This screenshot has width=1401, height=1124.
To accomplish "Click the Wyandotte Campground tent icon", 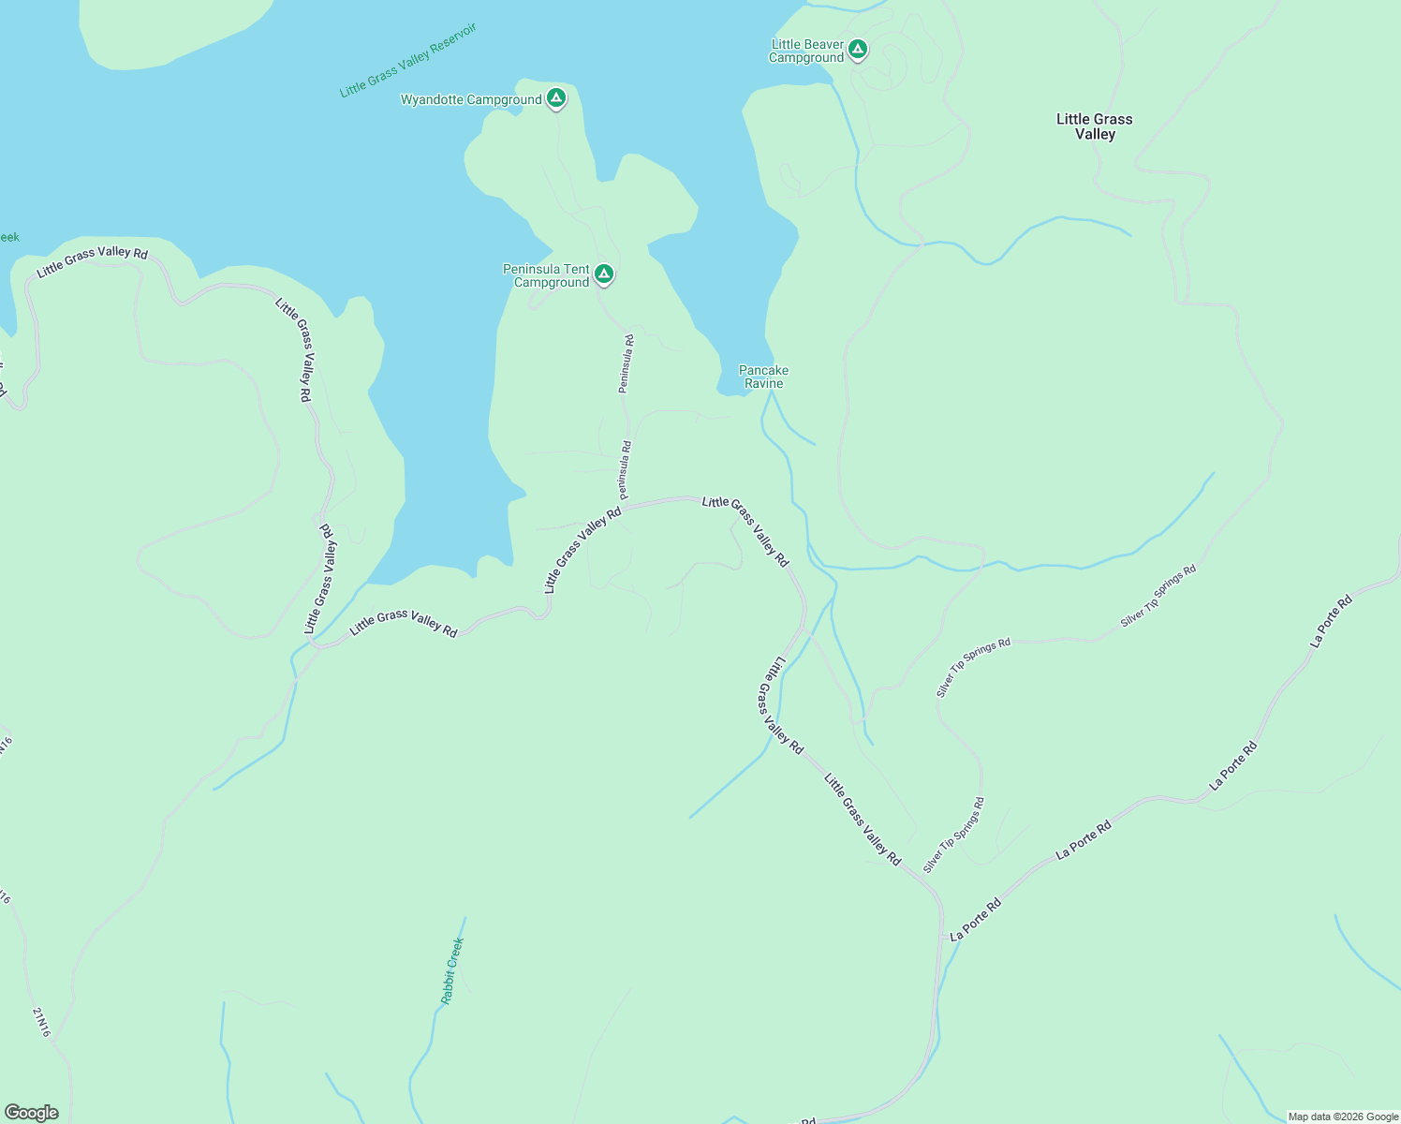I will click(556, 97).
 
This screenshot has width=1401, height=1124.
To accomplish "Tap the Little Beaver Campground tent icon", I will click(858, 49).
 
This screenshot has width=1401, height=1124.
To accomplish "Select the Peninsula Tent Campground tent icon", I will click(604, 274).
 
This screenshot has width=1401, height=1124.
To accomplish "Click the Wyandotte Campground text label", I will click(471, 100).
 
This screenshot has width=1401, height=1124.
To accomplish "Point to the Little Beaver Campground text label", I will click(806, 52).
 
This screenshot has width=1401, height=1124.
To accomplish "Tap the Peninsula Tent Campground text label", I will click(547, 275).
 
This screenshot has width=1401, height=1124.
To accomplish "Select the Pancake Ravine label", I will click(763, 377).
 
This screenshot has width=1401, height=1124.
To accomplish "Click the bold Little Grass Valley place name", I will click(1095, 126).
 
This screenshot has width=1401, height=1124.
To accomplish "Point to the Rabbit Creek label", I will click(452, 970).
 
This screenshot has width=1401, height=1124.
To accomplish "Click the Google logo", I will click(32, 1113).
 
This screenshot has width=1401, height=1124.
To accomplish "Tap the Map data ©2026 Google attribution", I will click(1343, 1117).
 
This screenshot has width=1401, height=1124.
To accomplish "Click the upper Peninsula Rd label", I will click(627, 363).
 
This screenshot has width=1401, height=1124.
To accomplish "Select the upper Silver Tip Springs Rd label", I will click(1158, 596).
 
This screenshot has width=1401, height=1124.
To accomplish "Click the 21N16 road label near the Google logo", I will click(41, 1022).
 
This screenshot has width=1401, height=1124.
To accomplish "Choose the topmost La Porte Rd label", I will click(1332, 621).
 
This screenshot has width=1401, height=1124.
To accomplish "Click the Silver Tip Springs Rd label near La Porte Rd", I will click(954, 835).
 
